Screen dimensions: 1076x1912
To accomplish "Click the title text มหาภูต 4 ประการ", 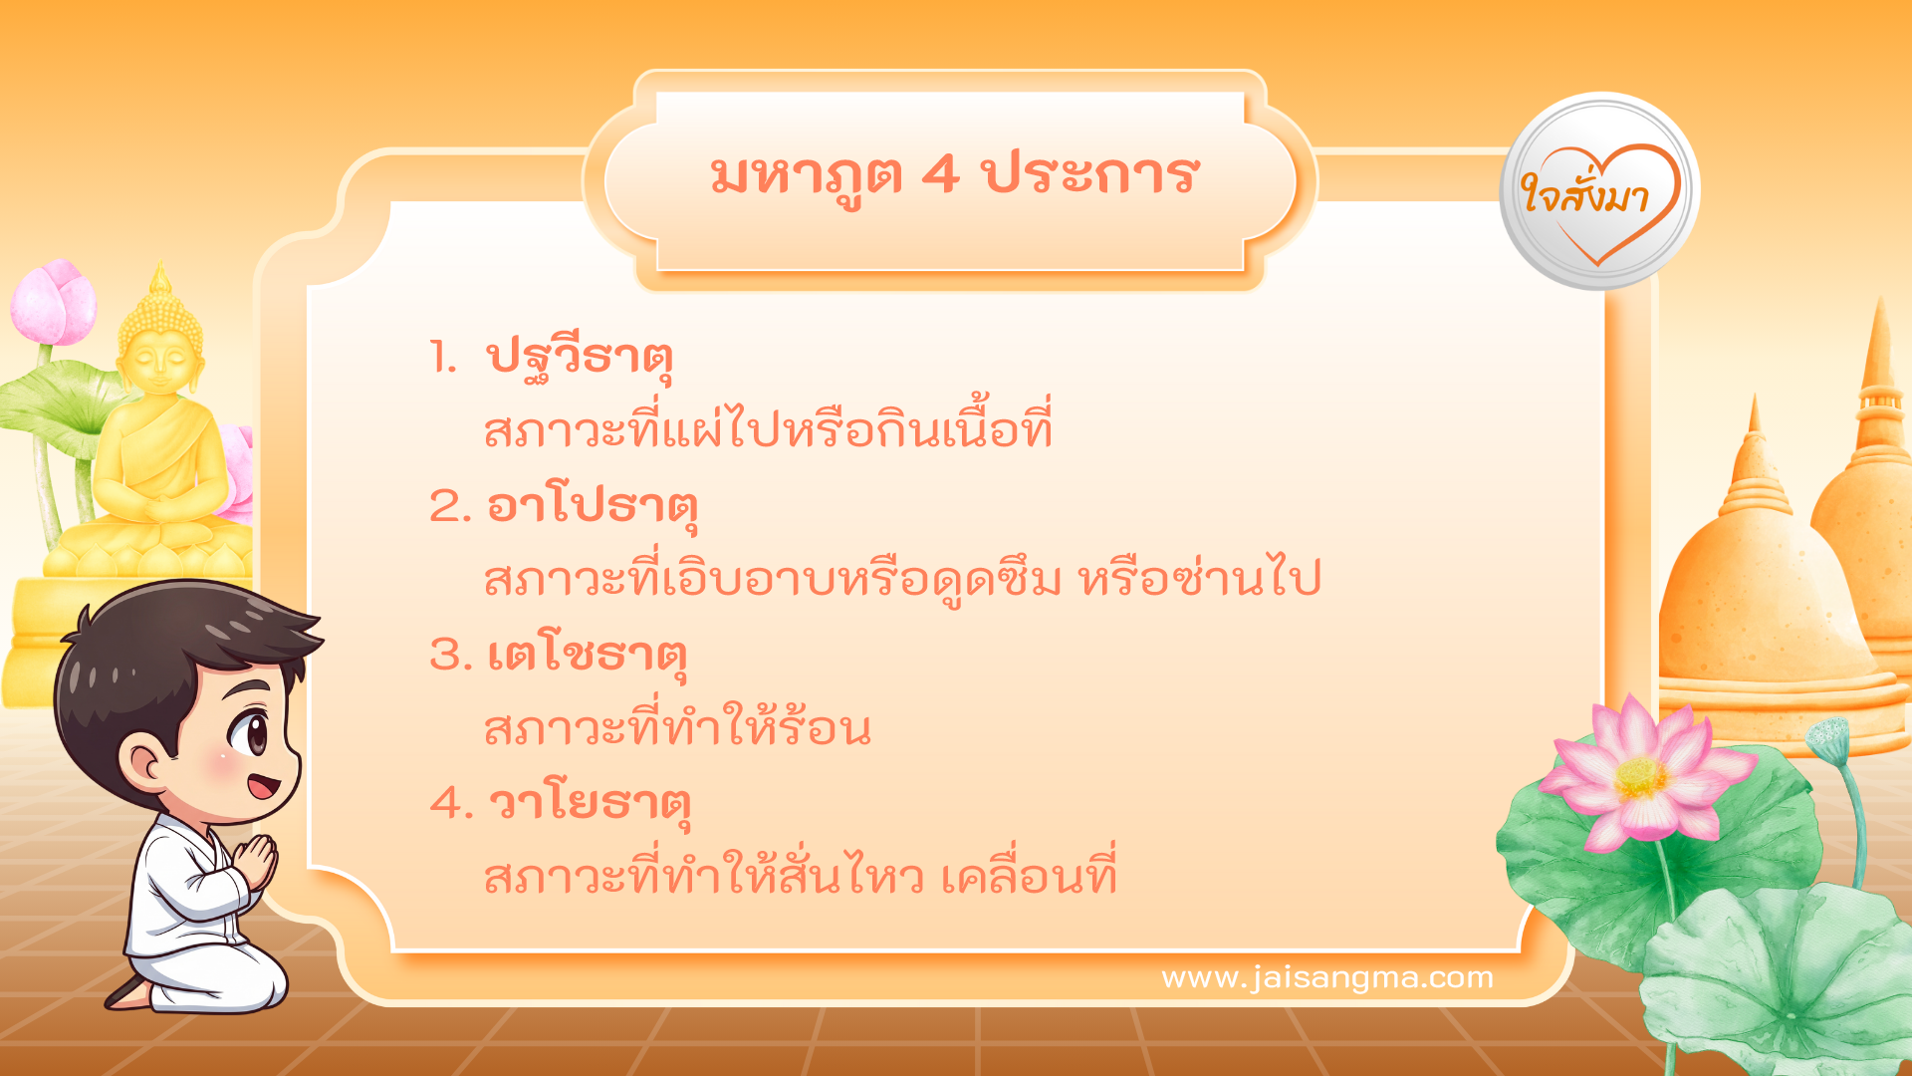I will click(954, 175).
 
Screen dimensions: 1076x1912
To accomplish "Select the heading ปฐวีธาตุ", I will click(580, 357).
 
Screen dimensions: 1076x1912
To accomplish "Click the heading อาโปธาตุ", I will click(592, 506).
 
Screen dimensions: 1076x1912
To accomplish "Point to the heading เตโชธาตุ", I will click(588, 656).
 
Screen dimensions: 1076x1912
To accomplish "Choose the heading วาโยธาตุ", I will click(590, 803).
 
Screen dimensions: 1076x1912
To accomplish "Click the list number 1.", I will click(443, 357).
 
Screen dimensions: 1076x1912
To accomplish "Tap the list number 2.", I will click(449, 506).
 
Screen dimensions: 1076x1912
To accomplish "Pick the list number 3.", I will click(449, 656).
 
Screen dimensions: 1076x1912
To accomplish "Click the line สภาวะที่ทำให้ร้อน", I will click(677, 729).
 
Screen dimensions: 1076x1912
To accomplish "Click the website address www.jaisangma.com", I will click(1327, 977).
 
